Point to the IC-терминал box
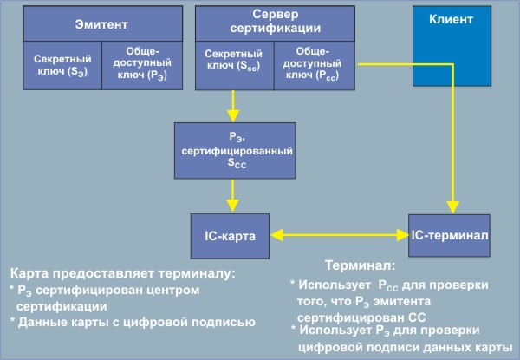[451, 234]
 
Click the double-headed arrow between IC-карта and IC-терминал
[338, 234]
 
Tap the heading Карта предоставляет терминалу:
[122, 273]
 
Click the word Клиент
[469, 17]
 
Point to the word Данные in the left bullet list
[42, 322]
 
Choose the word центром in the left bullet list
[179, 290]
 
